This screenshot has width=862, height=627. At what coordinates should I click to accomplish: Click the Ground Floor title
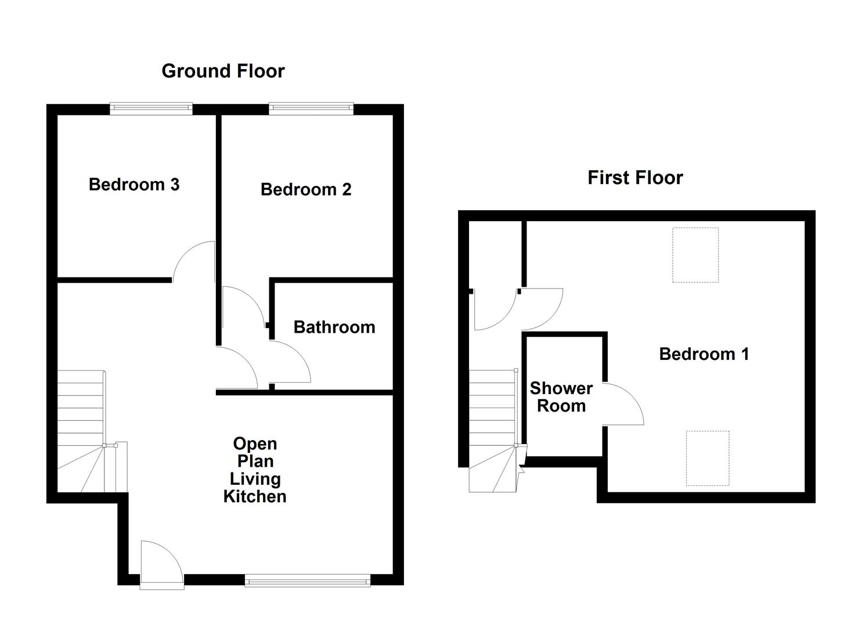(223, 71)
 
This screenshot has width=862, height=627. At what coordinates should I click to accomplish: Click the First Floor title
(635, 178)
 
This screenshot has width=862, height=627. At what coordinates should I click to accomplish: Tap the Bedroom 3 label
(134, 185)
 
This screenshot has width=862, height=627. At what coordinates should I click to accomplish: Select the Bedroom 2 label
(306, 189)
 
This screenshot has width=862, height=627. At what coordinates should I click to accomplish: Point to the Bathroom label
(334, 327)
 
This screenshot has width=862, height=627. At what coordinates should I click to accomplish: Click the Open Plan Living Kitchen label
(255, 470)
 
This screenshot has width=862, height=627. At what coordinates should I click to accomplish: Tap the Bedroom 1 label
(704, 354)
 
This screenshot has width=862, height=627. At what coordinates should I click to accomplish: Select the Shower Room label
(561, 397)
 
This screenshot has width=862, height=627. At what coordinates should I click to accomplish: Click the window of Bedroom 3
(152, 108)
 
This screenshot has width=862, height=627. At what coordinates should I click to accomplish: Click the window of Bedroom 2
(311, 108)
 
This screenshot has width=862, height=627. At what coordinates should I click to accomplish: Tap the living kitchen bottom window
(308, 580)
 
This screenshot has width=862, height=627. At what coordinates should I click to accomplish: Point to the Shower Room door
(622, 404)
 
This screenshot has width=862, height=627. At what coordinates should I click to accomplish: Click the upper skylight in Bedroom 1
(695, 255)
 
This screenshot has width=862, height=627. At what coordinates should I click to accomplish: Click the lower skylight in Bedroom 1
(708, 458)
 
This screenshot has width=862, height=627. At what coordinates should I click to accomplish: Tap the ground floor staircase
(81, 430)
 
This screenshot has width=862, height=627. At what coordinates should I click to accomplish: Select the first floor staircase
(492, 430)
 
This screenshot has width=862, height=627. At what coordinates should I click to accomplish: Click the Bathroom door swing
(289, 363)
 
